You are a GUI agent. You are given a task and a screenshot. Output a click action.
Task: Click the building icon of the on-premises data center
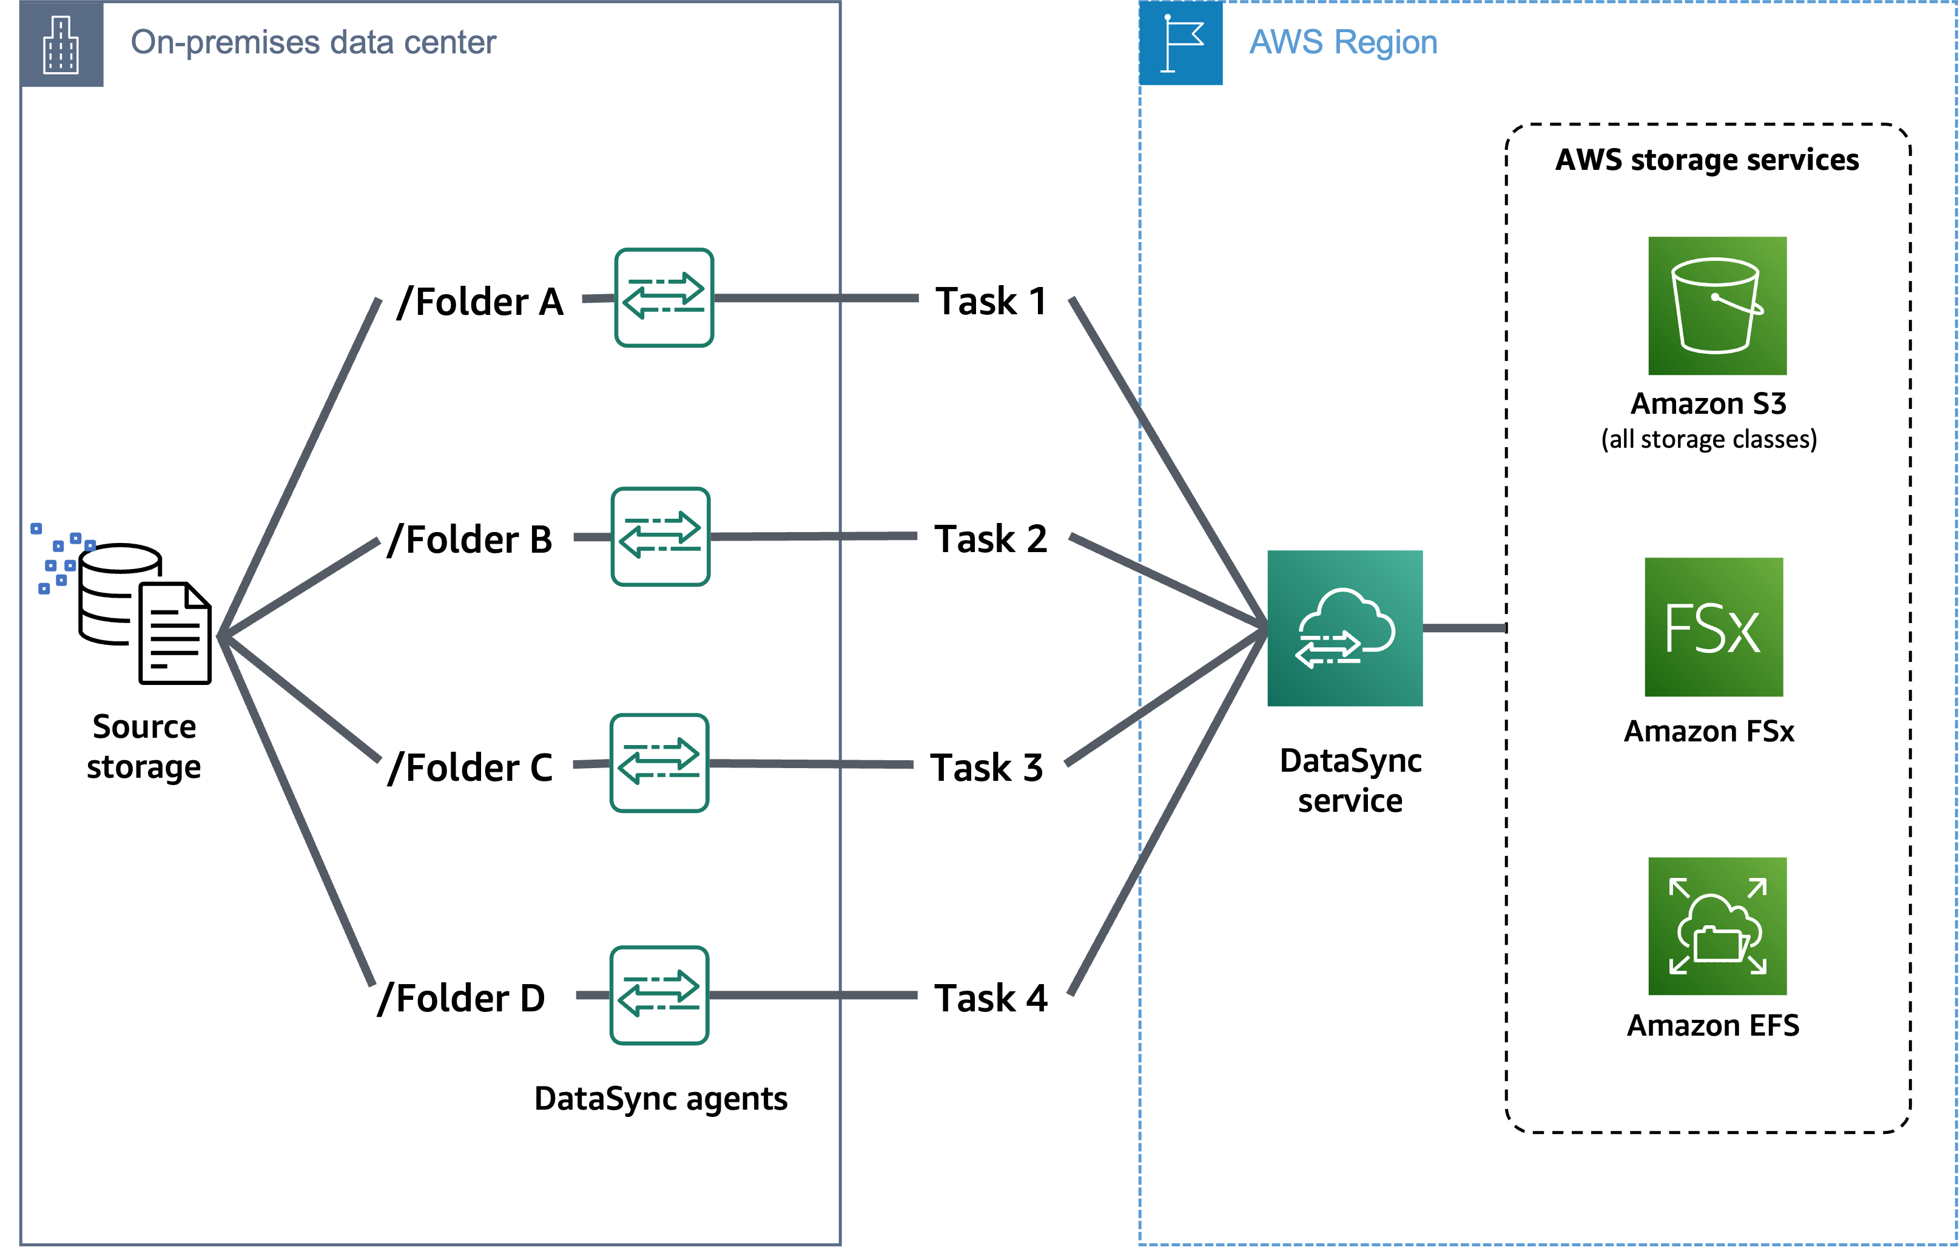pos(61,44)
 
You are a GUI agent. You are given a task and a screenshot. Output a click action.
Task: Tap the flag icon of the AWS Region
pos(1180,43)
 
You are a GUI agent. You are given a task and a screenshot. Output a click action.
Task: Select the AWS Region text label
pos(1343,42)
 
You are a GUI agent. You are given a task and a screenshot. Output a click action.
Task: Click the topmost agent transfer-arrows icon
pos(664,298)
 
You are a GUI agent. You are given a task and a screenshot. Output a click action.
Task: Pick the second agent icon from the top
pos(660,536)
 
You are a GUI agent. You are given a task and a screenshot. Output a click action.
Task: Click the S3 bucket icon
pos(1717,306)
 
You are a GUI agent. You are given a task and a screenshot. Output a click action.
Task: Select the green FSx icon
pos(1712,628)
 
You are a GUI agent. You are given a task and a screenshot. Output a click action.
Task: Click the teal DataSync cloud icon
pos(1345,628)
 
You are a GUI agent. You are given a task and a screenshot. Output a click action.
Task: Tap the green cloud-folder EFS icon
pos(1717,926)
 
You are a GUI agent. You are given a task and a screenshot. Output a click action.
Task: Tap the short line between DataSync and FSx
pos(1464,628)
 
